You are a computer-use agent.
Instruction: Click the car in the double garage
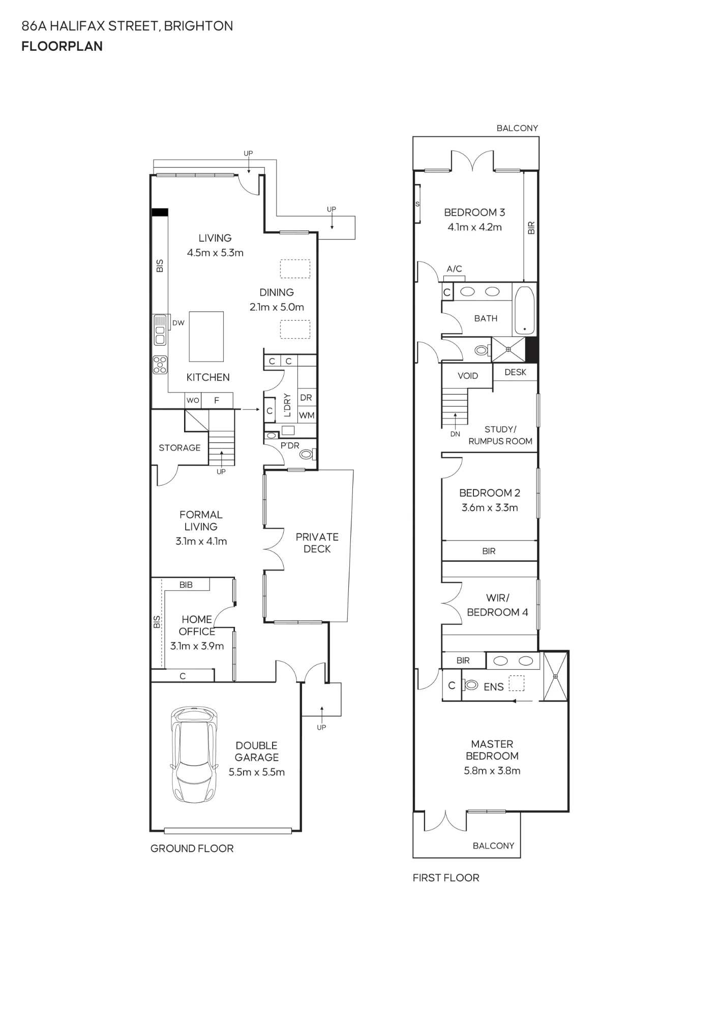coord(194,754)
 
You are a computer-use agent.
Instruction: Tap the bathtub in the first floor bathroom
coord(524,310)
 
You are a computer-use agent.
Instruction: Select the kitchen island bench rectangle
coord(206,336)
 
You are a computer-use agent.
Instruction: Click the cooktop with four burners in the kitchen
coord(160,364)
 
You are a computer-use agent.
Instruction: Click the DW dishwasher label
coord(178,323)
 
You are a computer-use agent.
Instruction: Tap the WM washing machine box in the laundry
coord(307,415)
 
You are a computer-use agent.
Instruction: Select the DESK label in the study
coord(515,372)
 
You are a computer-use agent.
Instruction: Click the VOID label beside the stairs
coord(468,376)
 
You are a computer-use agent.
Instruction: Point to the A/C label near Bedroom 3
coord(455,268)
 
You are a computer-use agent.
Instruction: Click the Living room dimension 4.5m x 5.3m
coord(215,253)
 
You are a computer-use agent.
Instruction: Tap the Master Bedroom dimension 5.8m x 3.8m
coord(492,770)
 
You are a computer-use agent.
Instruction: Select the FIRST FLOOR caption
coord(446,878)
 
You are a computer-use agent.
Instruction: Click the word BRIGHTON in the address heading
coord(198,26)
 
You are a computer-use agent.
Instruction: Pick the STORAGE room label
coord(179,447)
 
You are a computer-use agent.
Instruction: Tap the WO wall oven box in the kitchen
coord(193,400)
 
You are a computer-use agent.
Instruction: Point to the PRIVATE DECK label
coord(317,543)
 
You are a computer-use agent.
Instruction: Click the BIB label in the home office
coord(186,585)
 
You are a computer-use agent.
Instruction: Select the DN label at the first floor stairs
coord(455,434)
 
